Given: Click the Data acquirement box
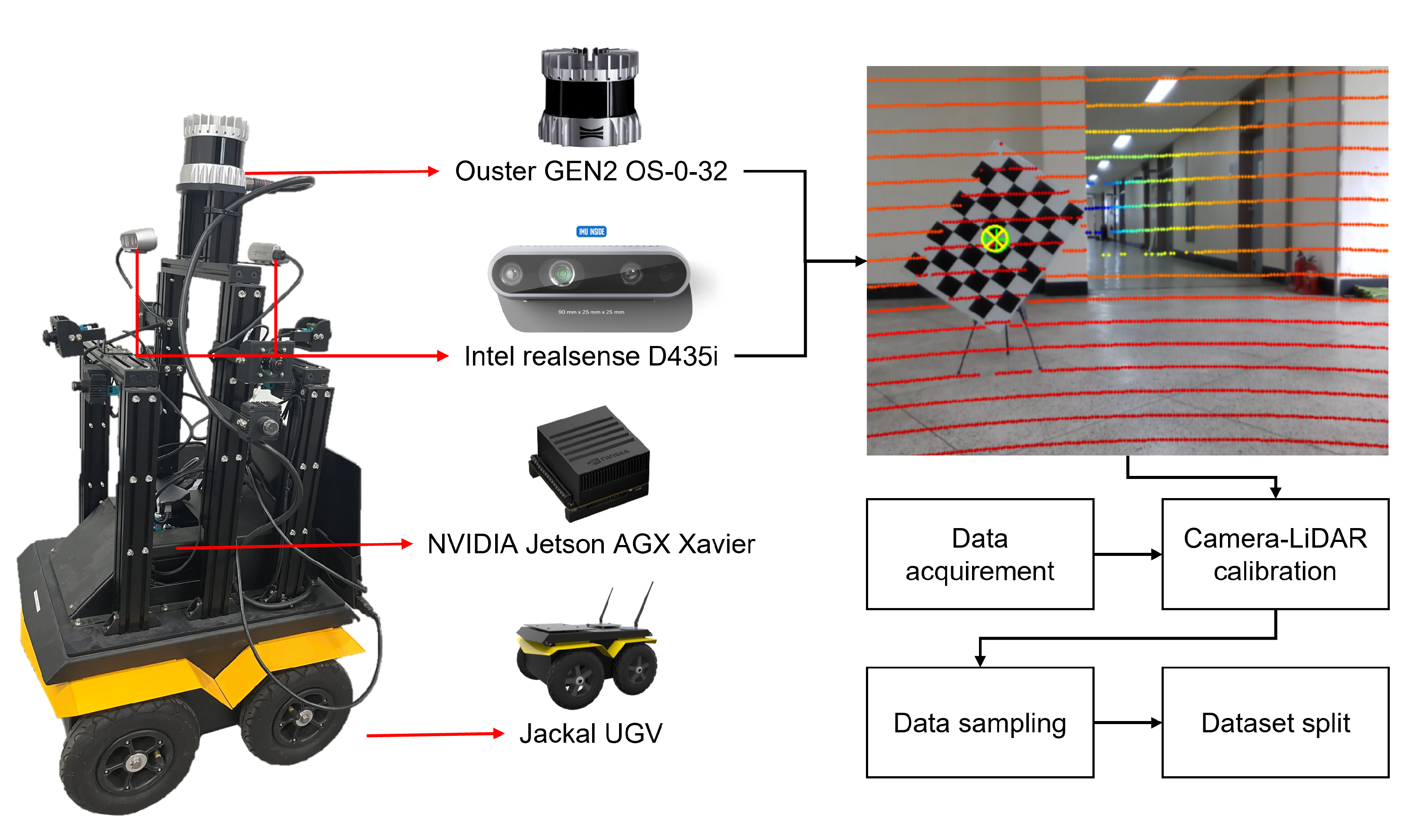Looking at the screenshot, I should (x=979, y=555).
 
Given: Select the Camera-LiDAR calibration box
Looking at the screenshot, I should (x=1275, y=555).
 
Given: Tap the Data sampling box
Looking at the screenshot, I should (x=979, y=722).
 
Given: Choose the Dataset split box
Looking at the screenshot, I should (x=1275, y=722).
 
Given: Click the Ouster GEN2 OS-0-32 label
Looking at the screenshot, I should (x=591, y=171).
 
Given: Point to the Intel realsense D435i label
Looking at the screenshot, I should (x=591, y=356).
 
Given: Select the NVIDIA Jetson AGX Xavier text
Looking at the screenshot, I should (x=591, y=544).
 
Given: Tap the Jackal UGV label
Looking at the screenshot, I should (x=591, y=733).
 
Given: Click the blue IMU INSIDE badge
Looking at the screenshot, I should (x=591, y=231).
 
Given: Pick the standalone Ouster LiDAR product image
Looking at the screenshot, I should (x=589, y=96).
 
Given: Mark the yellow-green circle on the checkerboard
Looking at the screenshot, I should (x=995, y=239).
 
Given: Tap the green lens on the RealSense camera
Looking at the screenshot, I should (x=561, y=274).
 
